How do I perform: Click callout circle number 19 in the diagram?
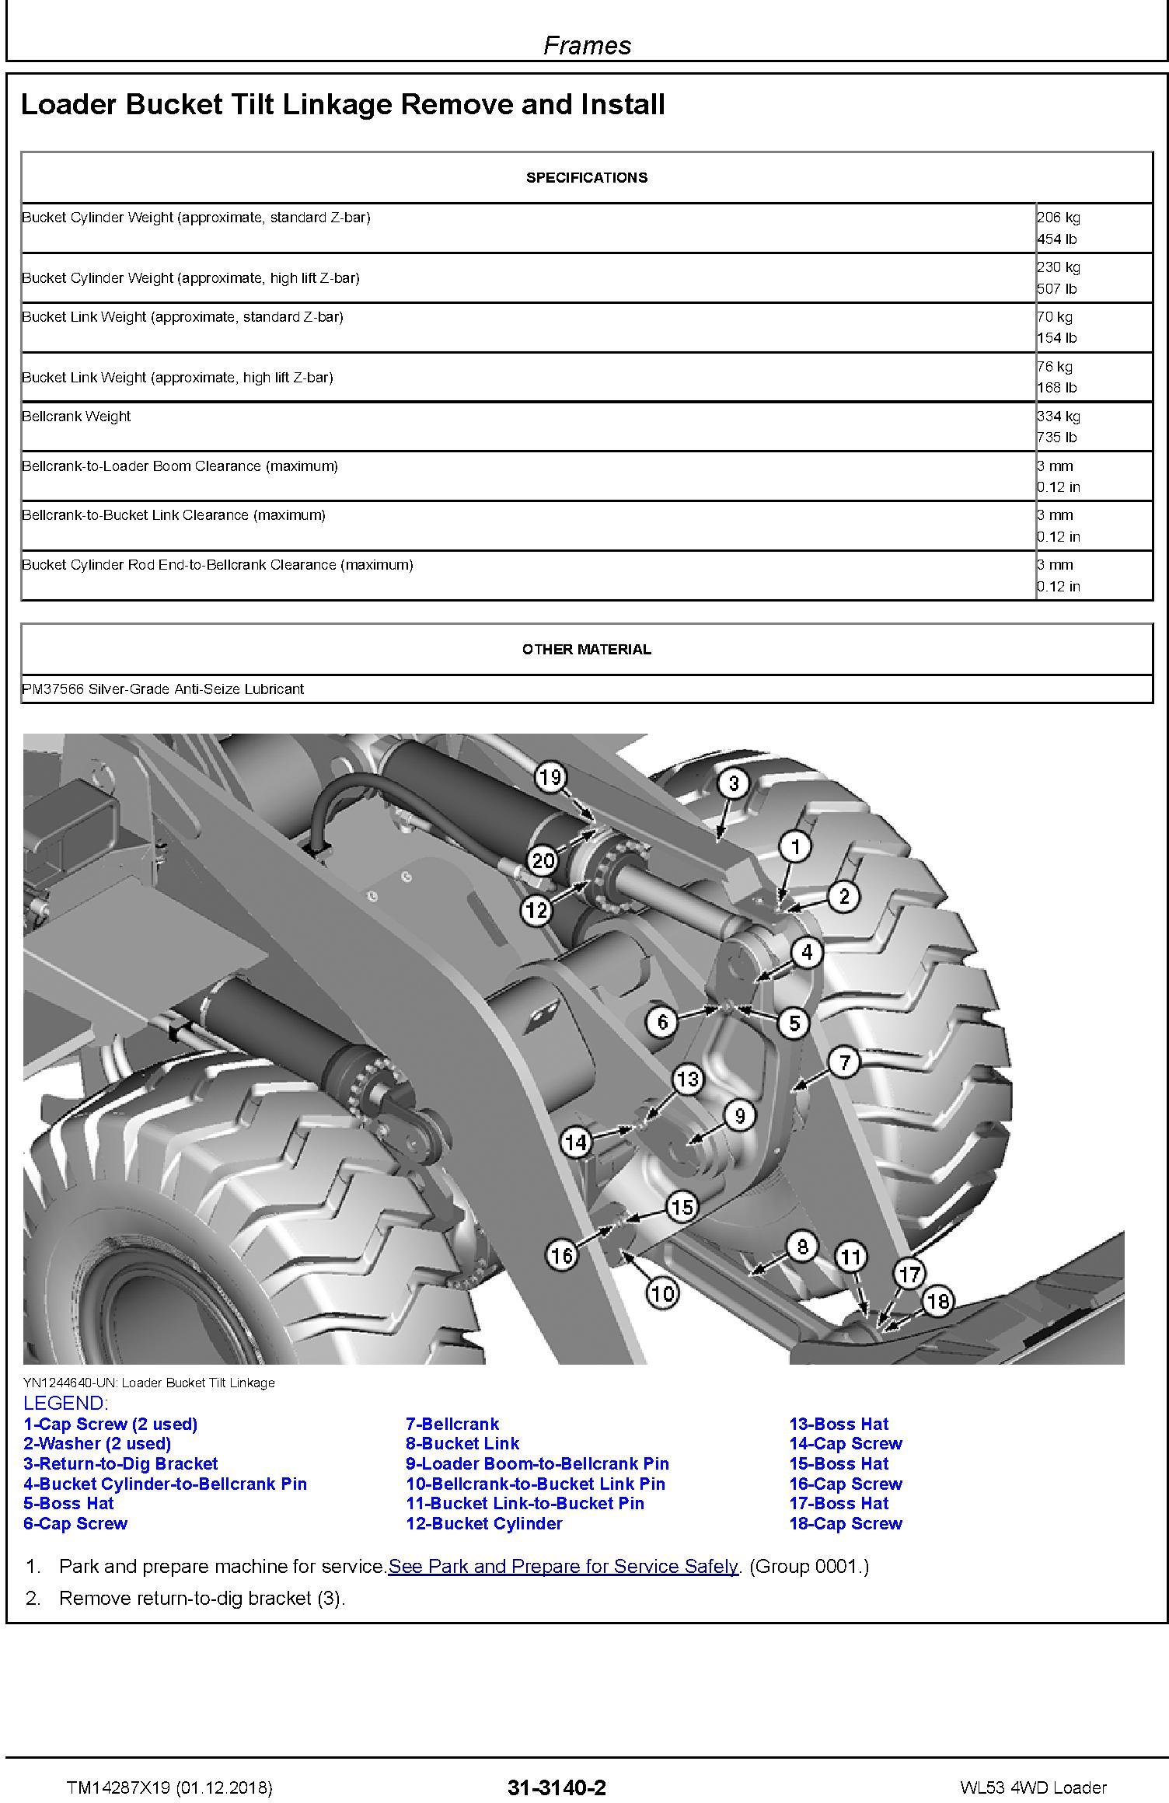click(550, 777)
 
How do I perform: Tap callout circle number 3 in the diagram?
click(733, 783)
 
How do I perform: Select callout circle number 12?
click(536, 910)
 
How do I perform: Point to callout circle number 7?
click(844, 1062)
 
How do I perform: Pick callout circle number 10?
click(661, 1293)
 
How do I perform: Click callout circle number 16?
click(561, 1254)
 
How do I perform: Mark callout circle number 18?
click(937, 1300)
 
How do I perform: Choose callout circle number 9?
click(739, 1116)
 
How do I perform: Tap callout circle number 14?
click(576, 1142)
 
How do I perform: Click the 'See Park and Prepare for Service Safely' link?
click(563, 1566)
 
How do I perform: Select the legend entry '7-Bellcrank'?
click(452, 1424)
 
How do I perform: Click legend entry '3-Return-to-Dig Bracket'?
click(120, 1463)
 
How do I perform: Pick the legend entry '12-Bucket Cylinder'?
click(483, 1523)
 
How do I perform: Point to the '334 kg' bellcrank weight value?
click(1058, 417)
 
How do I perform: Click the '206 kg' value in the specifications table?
click(1058, 218)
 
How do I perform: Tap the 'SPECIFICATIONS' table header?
click(587, 177)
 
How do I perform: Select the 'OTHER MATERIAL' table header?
click(587, 649)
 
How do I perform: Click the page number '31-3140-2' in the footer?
click(557, 1787)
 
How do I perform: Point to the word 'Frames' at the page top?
click(587, 46)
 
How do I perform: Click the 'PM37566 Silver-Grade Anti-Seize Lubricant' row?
click(163, 689)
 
